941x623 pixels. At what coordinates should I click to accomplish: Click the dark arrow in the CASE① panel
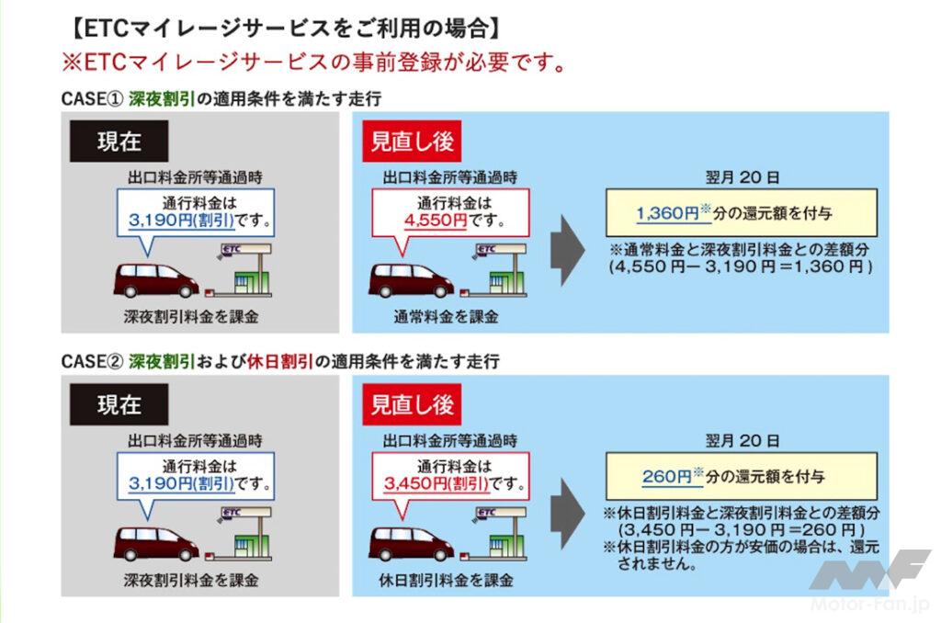pyautogui.click(x=568, y=248)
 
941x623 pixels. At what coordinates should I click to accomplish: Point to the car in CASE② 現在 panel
pyautogui.click(x=156, y=542)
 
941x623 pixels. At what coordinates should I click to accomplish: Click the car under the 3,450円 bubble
pyautogui.click(x=411, y=542)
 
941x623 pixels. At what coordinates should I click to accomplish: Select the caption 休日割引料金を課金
pyautogui.click(x=446, y=580)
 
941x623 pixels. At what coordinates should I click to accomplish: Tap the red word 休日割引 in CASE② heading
pyautogui.click(x=278, y=361)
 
